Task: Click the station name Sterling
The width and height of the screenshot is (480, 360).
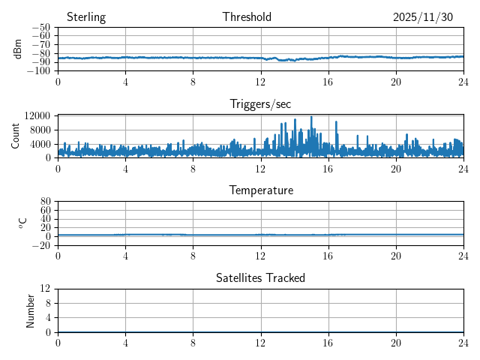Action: pyautogui.click(x=85, y=17)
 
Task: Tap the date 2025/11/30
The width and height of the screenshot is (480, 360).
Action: pyautogui.click(x=423, y=17)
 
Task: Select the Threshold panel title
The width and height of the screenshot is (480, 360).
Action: pyautogui.click(x=247, y=17)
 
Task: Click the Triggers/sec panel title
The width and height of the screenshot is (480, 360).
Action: pyautogui.click(x=260, y=104)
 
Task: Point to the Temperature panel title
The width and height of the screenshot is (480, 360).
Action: pyautogui.click(x=260, y=190)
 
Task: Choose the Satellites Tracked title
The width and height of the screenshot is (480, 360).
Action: pyautogui.click(x=260, y=277)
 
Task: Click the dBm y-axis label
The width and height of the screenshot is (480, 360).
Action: pyautogui.click(x=18, y=49)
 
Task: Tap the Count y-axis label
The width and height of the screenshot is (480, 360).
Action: pyautogui.click(x=16, y=136)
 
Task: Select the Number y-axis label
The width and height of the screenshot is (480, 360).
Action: pyautogui.click(x=31, y=310)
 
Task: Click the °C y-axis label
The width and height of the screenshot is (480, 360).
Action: pyautogui.click(x=22, y=223)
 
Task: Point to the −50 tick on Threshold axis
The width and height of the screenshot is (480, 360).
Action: pyautogui.click(x=40, y=28)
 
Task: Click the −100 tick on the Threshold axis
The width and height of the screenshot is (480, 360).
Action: pyautogui.click(x=38, y=71)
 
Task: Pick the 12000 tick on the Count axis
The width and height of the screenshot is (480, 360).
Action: pyautogui.click(x=37, y=116)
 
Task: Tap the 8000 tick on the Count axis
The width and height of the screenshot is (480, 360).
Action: pyautogui.click(x=40, y=130)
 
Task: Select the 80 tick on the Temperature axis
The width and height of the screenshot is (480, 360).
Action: pyautogui.click(x=46, y=202)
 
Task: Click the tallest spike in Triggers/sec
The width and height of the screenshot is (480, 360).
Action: pyautogui.click(x=311, y=118)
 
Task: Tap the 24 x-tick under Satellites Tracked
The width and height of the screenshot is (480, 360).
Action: pyautogui.click(x=463, y=343)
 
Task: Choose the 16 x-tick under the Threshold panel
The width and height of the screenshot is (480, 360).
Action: pyautogui.click(x=328, y=82)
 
